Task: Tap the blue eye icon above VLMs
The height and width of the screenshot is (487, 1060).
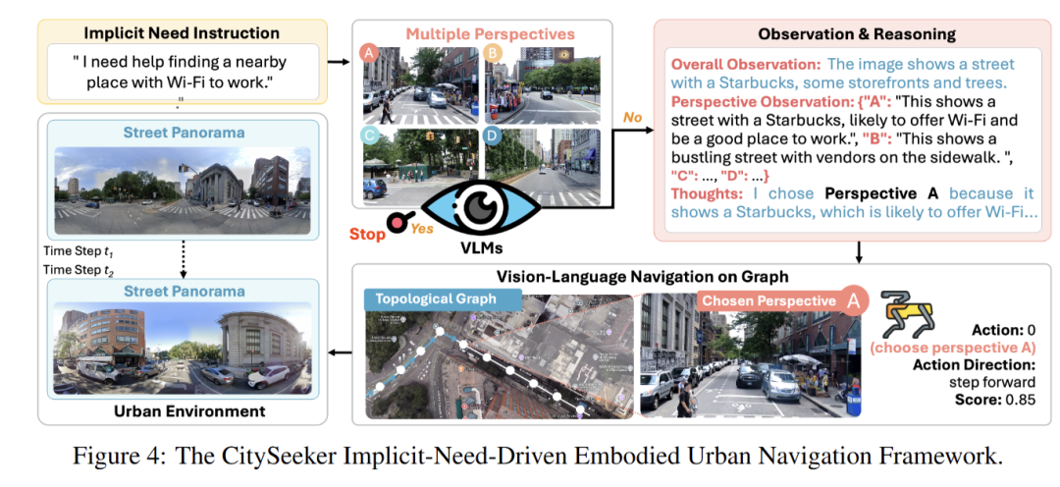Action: click(481, 205)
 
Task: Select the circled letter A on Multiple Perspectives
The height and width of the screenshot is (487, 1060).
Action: click(369, 54)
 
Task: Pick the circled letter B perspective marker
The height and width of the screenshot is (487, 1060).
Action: click(495, 54)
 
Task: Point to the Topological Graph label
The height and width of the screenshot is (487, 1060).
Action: click(428, 298)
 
